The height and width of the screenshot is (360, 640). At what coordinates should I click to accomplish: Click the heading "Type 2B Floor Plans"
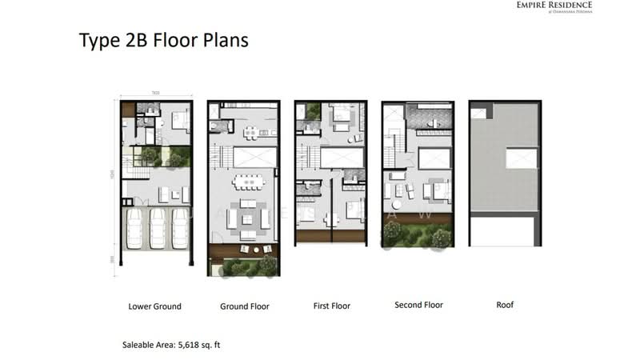coord(163,40)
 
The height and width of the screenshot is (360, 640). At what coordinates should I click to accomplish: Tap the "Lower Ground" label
coord(154,306)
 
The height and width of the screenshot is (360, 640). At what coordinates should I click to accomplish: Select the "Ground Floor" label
coord(244,306)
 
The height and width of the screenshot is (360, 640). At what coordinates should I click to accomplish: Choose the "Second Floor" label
coord(418,305)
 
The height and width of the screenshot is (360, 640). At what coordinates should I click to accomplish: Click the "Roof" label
coord(505,305)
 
